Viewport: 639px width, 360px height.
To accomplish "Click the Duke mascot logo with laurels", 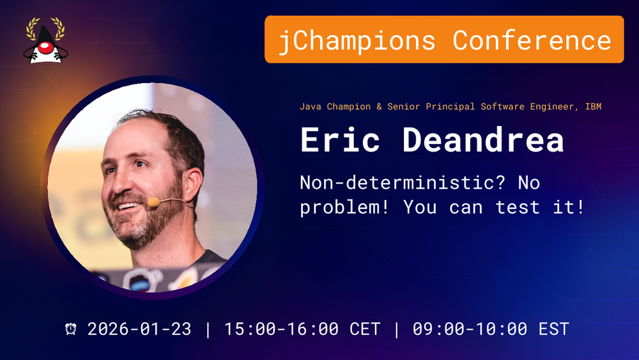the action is (x=45, y=40).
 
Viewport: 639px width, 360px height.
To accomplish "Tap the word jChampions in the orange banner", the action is (x=357, y=41).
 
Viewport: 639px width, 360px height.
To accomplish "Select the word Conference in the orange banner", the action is (x=532, y=40).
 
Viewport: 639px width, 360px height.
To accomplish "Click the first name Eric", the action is (x=341, y=139).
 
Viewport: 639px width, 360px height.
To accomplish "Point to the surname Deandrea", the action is (x=483, y=139).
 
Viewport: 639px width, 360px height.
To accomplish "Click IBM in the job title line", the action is (x=594, y=106).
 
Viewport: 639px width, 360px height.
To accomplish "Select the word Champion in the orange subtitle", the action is (x=349, y=107).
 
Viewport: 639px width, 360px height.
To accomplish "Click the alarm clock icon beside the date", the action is (x=71, y=329).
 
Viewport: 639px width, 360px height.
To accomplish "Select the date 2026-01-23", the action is (x=139, y=329).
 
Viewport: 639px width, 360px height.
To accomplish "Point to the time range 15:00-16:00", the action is (x=282, y=329).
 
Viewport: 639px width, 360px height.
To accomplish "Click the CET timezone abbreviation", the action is (x=365, y=329).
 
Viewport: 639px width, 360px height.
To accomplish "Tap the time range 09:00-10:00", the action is (x=470, y=329).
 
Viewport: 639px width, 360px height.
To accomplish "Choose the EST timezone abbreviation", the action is (x=554, y=329).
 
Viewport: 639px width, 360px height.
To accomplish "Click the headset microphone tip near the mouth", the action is (x=153, y=202).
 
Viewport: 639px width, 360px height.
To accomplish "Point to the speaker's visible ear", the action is (x=192, y=185).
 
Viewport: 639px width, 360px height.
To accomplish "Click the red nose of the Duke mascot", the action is (x=45, y=48).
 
